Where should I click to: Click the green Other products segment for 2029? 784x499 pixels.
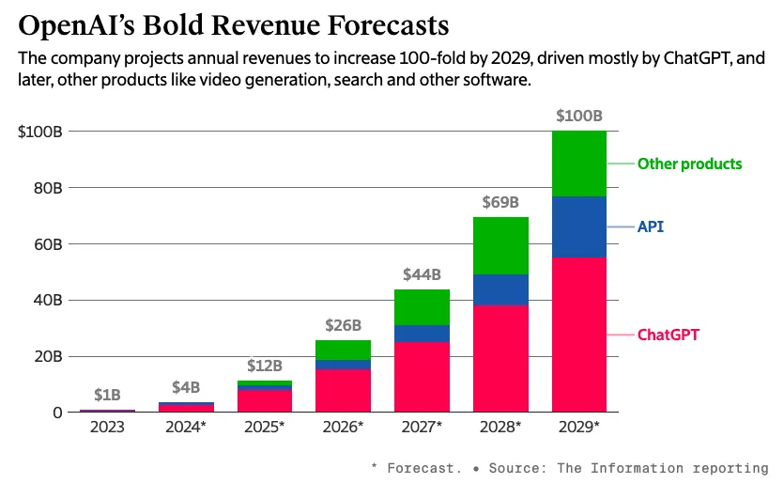578,164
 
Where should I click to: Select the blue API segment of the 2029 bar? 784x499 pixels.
578,226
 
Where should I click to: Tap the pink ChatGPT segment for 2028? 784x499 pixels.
500,358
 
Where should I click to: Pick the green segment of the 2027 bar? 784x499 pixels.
422,307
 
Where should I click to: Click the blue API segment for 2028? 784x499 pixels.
500,289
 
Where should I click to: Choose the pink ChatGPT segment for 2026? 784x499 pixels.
343,390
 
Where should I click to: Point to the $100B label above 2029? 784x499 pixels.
578,117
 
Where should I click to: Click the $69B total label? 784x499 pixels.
500,202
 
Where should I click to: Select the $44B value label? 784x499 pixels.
422,274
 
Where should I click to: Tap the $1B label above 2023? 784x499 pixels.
106,395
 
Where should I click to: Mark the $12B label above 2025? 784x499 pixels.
264,365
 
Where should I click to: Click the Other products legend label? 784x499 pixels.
689,164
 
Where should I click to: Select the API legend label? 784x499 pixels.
651,226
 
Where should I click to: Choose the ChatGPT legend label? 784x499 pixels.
669,335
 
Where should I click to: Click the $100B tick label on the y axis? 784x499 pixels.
40,132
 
